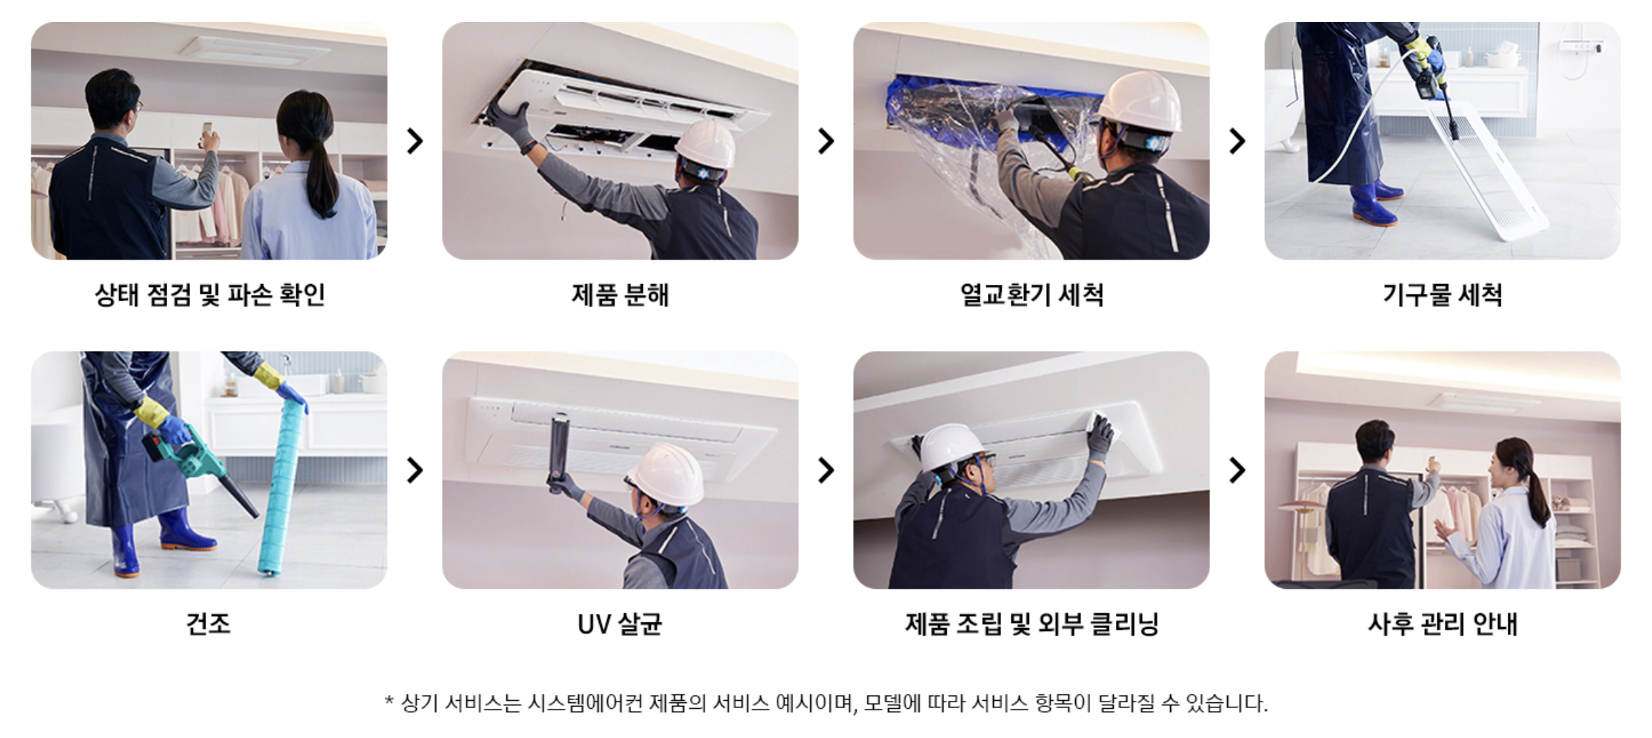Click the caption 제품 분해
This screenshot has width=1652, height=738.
coord(620,295)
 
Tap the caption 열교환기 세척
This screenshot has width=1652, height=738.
coord(1032,295)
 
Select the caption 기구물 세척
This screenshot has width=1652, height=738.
coord(1442,295)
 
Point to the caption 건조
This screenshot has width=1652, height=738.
coord(208,624)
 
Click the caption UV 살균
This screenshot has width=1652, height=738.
coord(620,624)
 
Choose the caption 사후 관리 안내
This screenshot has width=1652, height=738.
coord(1442,624)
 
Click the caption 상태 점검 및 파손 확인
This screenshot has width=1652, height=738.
coord(210,295)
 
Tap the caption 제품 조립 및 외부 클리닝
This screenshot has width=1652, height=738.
coord(1032,624)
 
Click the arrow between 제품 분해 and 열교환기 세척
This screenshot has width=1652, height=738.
coord(826,141)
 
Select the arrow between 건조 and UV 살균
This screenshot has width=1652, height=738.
coord(415,470)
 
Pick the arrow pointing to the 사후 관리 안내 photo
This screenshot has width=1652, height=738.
coord(1237,470)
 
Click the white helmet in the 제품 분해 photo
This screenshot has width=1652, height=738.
coord(705,145)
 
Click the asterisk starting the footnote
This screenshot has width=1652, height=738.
coord(389,701)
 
